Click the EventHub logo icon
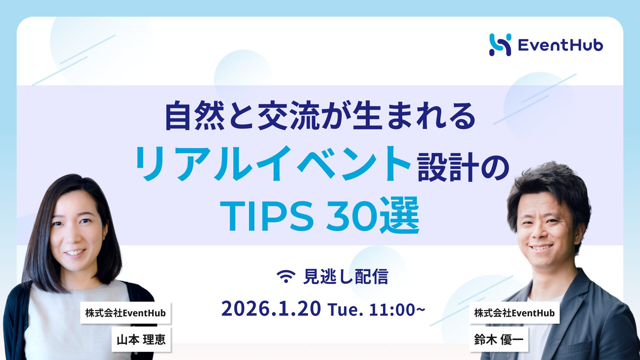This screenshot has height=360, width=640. (x=500, y=45)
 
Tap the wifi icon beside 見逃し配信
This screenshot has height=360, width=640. (x=286, y=276)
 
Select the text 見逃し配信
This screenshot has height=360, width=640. (x=346, y=277)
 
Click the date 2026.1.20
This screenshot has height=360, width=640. (x=271, y=309)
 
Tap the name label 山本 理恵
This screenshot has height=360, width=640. (x=141, y=340)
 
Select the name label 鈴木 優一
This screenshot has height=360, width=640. (x=499, y=340)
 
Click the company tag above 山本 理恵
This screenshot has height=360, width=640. (x=125, y=313)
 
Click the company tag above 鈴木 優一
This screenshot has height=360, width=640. (x=514, y=313)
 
